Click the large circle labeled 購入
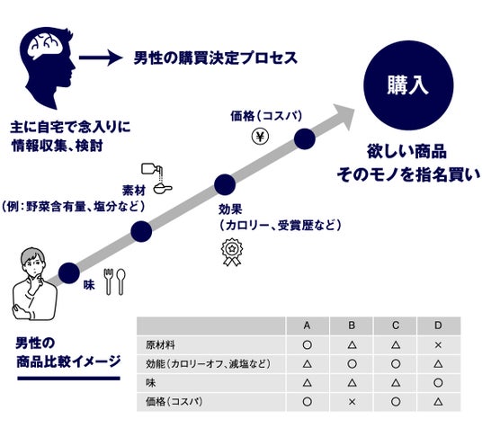click(408, 85)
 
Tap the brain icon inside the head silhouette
click(45, 46)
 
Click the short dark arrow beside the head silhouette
click(101, 58)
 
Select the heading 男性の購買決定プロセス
click(216, 58)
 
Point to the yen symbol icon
click(260, 137)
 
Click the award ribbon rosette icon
click(232, 252)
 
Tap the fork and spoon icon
click(115, 281)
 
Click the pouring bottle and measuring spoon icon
click(156, 179)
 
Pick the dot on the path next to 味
click(69, 273)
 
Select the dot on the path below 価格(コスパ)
click(305, 139)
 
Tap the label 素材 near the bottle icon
click(134, 191)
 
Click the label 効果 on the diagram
click(230, 210)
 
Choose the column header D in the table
click(438, 325)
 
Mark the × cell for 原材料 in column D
click(438, 345)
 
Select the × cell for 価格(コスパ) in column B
click(352, 402)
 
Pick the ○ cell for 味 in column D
click(438, 383)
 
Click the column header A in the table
click(307, 325)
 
